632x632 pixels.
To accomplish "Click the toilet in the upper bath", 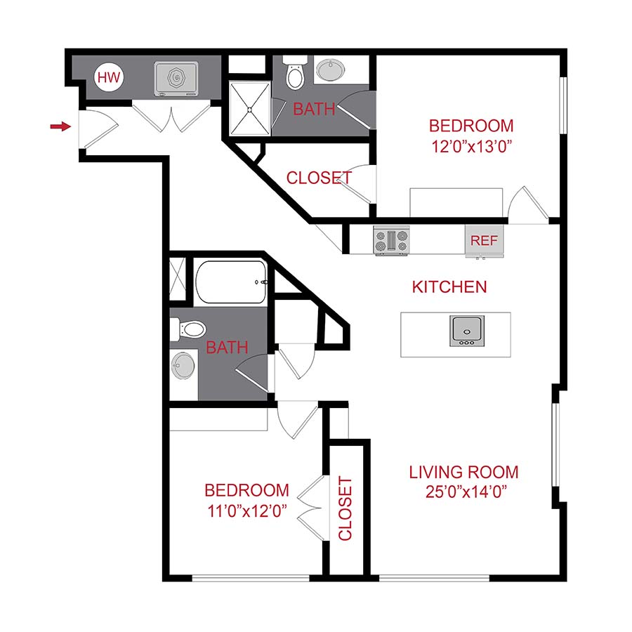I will (294, 74).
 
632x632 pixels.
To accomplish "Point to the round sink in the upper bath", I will (330, 70).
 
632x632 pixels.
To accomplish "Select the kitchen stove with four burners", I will (391, 242).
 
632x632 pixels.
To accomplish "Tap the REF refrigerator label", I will (484, 240).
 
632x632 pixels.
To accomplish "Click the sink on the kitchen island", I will (466, 331).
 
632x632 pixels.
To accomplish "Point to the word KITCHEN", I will (449, 287).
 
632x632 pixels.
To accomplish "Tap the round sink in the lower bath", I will (184, 365).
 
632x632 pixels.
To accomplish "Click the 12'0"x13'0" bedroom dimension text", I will (471, 147).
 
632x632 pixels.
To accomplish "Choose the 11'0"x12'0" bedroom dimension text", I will (246, 511).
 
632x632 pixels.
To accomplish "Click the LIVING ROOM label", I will (463, 472).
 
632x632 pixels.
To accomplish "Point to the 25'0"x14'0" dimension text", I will (464, 492).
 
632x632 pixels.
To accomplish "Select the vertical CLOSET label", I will (345, 509).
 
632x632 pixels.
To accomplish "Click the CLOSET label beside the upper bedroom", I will (319, 178).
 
